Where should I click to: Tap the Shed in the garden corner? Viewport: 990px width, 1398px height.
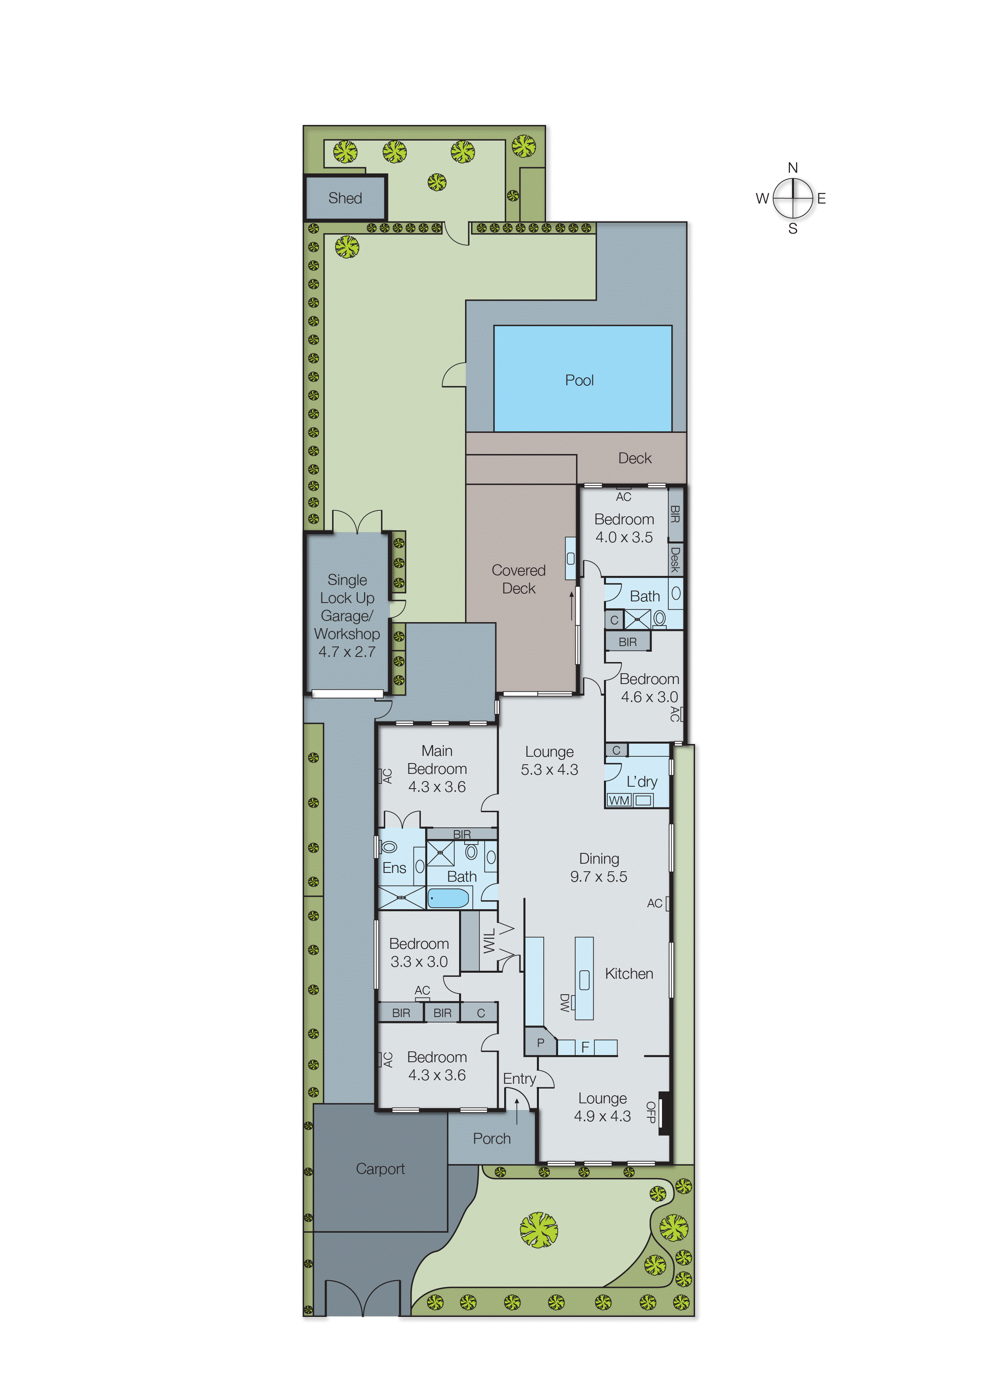tap(345, 198)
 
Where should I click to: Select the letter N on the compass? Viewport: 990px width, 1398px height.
tap(792, 168)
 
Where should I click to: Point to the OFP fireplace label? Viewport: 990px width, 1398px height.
tap(650, 1112)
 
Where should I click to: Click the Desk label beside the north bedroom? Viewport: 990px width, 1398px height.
tap(675, 559)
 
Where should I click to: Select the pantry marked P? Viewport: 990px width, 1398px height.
tap(540, 1043)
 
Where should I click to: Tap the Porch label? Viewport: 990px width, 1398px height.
tap(491, 1138)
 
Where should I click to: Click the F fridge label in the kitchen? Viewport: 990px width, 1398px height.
tap(584, 1047)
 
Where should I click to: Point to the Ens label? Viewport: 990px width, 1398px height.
tap(394, 868)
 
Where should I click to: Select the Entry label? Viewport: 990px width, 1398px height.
tap(519, 1079)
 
